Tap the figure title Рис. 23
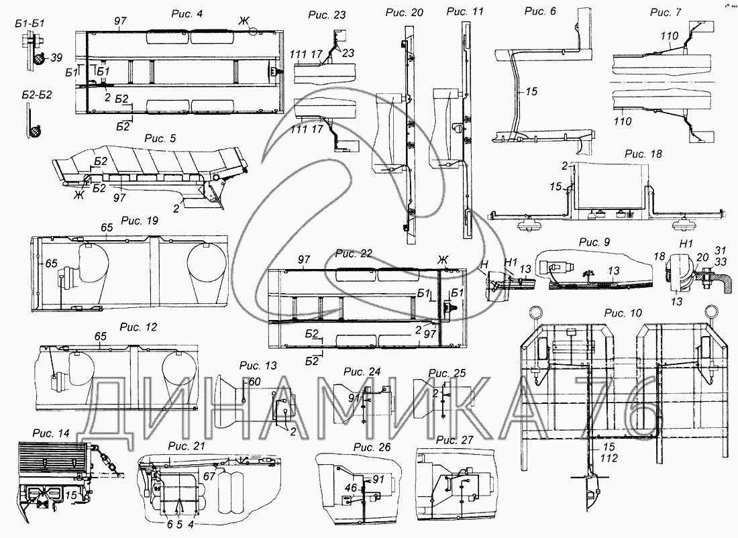326,15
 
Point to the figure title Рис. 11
465,11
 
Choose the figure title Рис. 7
666,13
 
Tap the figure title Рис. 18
643,154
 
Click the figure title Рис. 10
623,313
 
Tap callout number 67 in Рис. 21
209,476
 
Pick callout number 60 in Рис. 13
255,381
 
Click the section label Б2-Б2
29,95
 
